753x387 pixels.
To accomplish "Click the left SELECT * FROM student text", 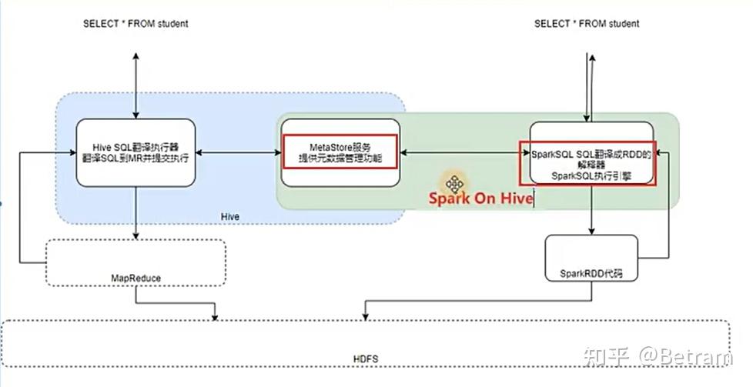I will (x=136, y=24).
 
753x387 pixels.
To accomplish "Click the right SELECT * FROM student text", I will (x=587, y=24).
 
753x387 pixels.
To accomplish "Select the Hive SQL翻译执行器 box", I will (x=136, y=152).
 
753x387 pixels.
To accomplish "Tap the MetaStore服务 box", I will (x=340, y=152).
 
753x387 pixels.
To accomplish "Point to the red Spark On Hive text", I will (x=480, y=198).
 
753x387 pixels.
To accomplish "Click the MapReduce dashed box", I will (x=136, y=263).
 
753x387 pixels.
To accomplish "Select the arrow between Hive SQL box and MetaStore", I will (x=236, y=153).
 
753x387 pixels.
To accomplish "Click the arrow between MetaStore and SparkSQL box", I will (x=460, y=153).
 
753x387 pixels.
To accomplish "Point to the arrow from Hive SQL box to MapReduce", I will (x=136, y=212).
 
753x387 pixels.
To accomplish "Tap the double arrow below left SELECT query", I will (x=136, y=85).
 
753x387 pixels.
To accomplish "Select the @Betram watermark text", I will (x=684, y=356).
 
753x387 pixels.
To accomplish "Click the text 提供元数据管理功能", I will (x=340, y=158).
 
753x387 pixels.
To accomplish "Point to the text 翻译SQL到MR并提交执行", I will (x=136, y=158).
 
